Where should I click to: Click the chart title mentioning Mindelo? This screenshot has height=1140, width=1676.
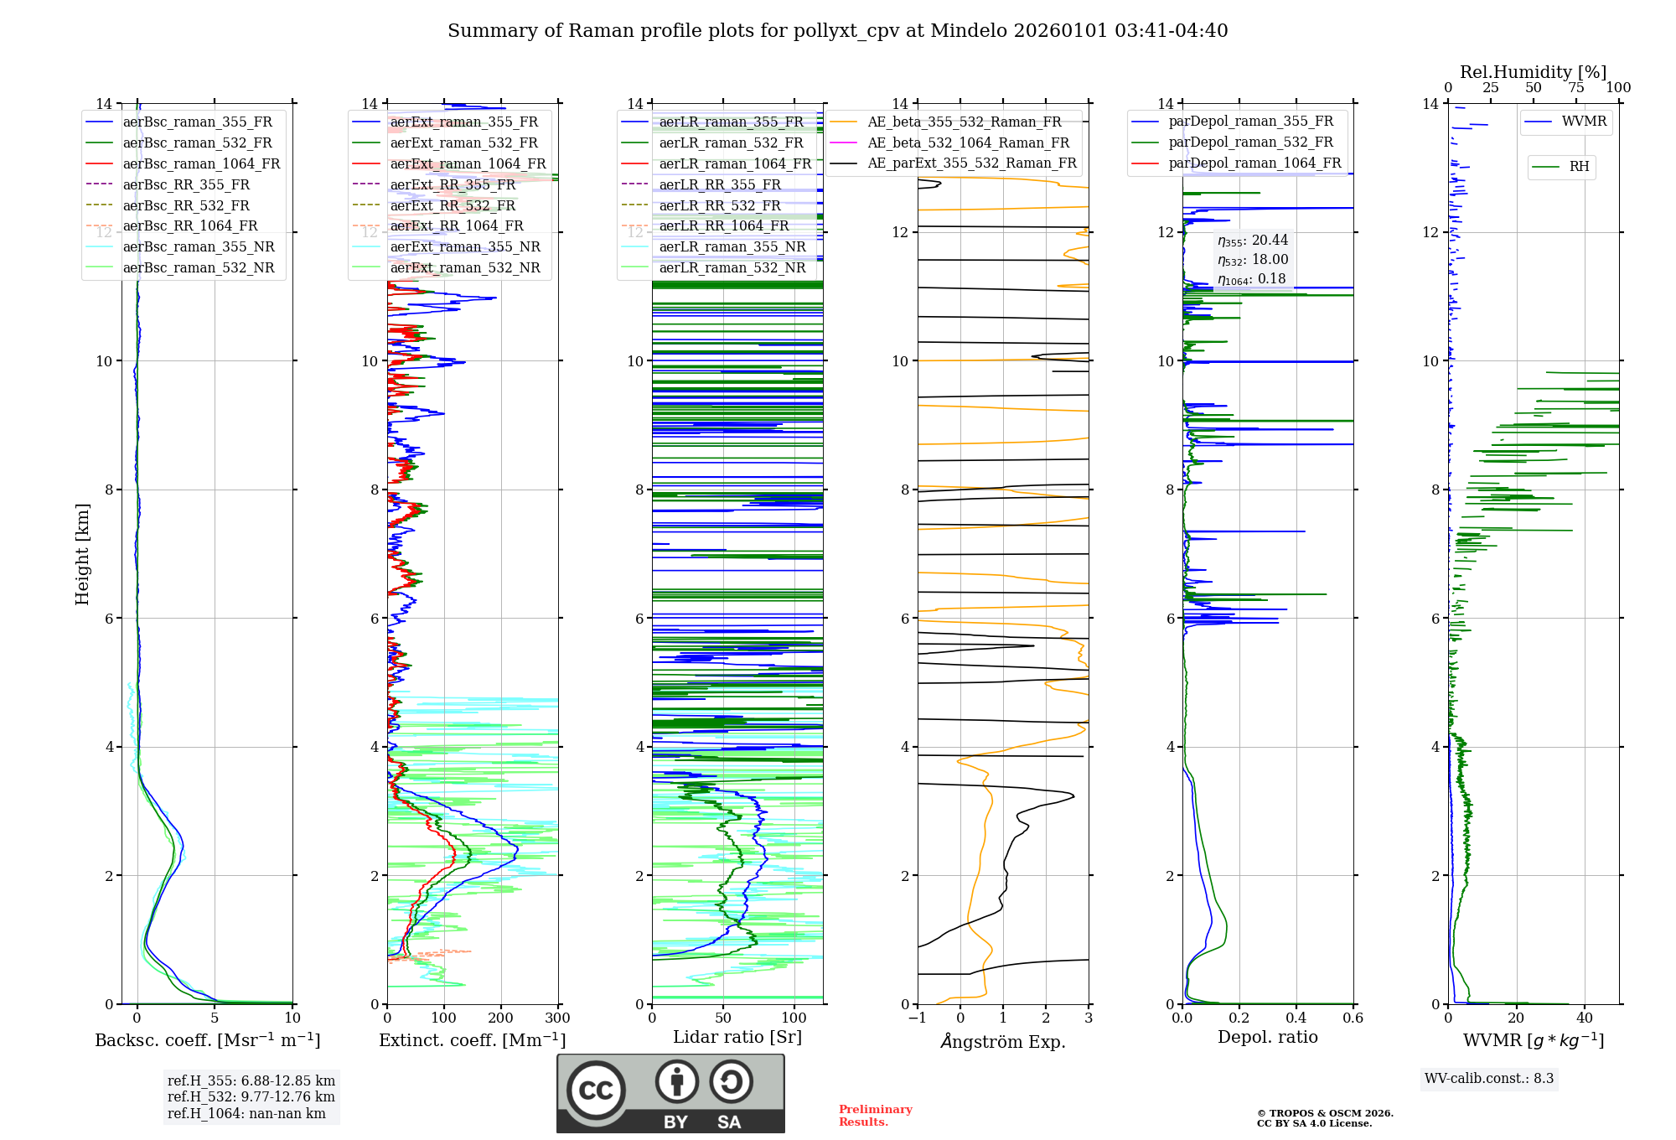point(837,31)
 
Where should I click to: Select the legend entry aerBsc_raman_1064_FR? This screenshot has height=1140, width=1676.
point(201,163)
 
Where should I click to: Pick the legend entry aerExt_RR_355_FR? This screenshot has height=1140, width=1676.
point(453,184)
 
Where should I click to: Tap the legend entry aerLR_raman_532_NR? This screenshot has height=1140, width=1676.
point(732,267)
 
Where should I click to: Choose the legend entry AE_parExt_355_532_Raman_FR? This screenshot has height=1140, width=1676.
point(971,163)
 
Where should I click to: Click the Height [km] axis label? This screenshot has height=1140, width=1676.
point(82,553)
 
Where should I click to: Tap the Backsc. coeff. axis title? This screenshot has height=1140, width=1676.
point(207,1040)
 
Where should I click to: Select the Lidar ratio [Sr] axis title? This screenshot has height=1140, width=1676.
point(737,1037)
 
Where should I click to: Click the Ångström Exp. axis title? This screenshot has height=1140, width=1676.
point(1003,1041)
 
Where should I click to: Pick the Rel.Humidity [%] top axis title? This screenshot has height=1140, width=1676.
point(1533,72)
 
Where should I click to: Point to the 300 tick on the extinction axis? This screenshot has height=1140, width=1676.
point(558,1018)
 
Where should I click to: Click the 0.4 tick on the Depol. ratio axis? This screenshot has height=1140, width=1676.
point(1296,1018)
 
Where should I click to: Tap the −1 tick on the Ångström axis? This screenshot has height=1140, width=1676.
point(918,1018)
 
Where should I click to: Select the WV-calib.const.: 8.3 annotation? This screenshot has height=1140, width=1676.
point(1489,1079)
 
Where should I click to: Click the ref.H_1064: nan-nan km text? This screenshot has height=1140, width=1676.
point(246,1113)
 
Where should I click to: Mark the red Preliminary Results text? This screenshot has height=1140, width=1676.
point(875,1116)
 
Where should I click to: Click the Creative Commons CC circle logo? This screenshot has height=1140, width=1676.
point(596,1091)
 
